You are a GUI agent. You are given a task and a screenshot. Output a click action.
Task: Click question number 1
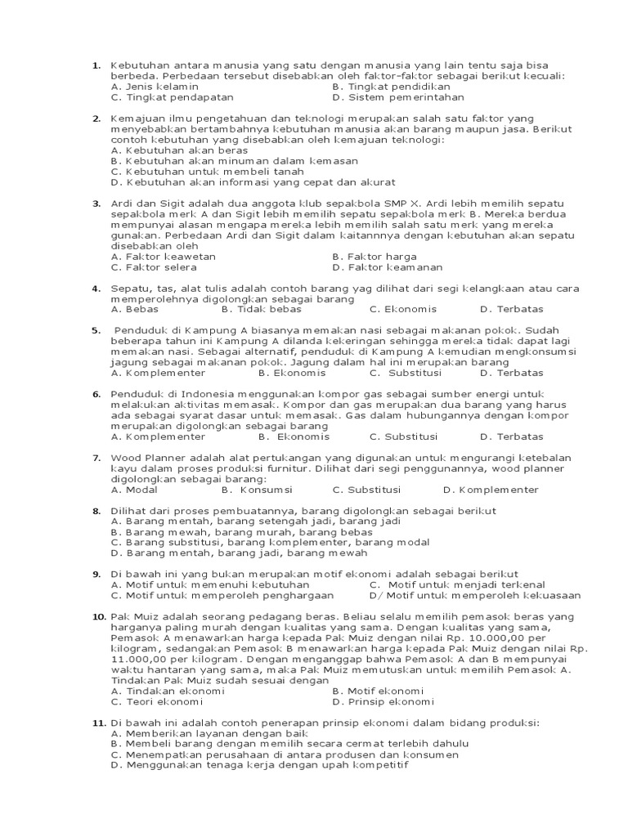[96, 65]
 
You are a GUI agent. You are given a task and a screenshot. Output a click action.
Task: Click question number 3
[96, 204]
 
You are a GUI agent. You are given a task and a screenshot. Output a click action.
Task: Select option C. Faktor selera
[154, 267]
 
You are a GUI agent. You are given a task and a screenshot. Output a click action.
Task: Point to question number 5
[96, 330]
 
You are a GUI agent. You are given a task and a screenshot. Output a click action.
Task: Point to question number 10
[98, 616]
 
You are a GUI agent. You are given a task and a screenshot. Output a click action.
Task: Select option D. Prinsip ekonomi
[384, 702]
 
